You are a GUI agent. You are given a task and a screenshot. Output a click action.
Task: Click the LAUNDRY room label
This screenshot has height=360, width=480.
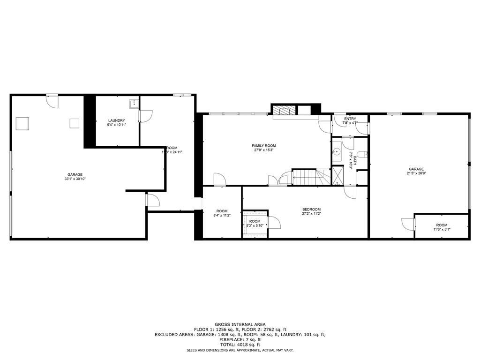click(116, 120)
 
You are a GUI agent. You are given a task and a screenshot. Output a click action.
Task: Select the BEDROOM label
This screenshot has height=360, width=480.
click(311, 209)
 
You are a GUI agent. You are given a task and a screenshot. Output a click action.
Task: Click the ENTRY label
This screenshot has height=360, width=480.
click(350, 119)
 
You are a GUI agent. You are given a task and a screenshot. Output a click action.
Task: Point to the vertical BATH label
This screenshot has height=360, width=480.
click(355, 160)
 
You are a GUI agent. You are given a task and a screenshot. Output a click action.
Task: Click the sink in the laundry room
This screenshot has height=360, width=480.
click(133, 103)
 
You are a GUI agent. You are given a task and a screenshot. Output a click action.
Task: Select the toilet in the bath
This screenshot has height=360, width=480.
click(361, 154)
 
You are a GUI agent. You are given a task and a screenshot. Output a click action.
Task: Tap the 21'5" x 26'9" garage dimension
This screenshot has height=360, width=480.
click(416, 173)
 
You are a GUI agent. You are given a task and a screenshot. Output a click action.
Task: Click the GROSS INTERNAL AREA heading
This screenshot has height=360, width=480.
click(240, 324)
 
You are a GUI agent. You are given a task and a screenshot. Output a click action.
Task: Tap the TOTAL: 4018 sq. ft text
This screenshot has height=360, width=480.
click(240, 345)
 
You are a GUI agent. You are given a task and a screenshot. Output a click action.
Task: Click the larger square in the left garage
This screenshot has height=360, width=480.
click(22, 123)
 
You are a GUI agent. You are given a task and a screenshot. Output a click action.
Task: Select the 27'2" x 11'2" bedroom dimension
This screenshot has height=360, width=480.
click(311, 213)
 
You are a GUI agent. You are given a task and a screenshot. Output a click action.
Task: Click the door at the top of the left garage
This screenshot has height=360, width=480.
click(52, 100)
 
